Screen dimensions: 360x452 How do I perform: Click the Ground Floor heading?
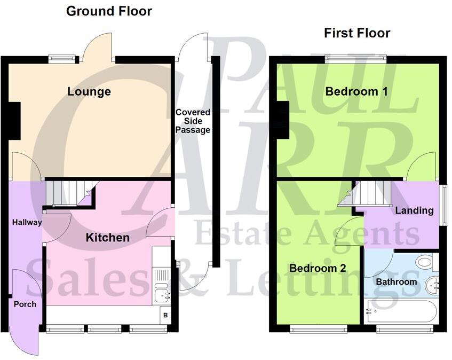click(x=109, y=11)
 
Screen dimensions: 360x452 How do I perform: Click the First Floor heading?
click(x=357, y=33)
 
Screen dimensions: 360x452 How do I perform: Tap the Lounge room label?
click(x=89, y=91)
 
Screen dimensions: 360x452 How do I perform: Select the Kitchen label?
click(x=108, y=238)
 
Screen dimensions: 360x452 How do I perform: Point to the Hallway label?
click(x=27, y=222)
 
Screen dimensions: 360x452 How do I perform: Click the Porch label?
click(x=25, y=304)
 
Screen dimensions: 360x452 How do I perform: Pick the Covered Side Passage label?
click(x=193, y=121)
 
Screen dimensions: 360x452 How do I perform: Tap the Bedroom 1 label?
click(x=356, y=91)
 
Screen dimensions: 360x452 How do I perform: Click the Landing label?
click(x=414, y=210)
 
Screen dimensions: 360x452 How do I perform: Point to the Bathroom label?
click(x=397, y=281)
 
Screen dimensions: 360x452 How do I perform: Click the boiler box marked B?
click(x=165, y=315)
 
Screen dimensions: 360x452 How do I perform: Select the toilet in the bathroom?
click(x=425, y=262)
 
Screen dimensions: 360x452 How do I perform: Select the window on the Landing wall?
click(x=443, y=205)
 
